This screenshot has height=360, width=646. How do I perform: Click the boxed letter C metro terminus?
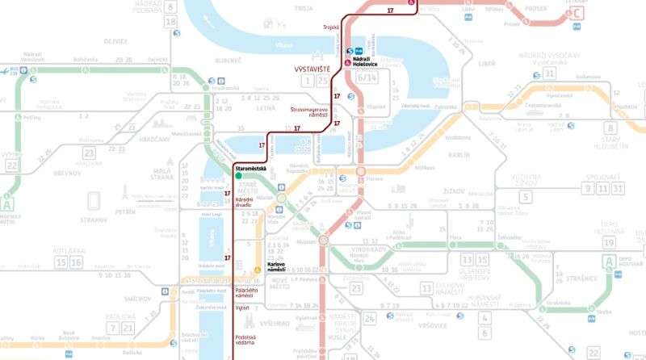[x=576, y=14]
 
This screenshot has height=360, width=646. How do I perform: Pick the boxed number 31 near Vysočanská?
[x=550, y=73]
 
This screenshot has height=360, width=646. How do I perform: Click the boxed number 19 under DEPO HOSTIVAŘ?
[x=608, y=242]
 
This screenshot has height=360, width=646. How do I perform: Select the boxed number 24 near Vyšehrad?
[x=370, y=318]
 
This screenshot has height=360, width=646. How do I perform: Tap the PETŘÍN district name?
[x=125, y=213]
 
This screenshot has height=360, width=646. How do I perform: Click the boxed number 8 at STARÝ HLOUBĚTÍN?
[x=610, y=128]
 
